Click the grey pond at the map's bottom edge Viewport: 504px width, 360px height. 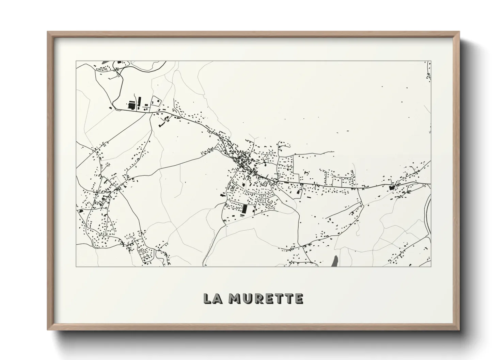[335, 261]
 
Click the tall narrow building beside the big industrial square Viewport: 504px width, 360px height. [139, 101]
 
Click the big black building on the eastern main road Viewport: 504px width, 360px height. [391, 187]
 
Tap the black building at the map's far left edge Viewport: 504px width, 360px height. [81, 211]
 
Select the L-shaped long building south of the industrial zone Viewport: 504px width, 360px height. [162, 125]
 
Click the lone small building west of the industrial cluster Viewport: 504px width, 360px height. [110, 108]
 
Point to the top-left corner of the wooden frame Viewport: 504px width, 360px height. [48, 32]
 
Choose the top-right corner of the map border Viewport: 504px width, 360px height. [431, 61]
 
